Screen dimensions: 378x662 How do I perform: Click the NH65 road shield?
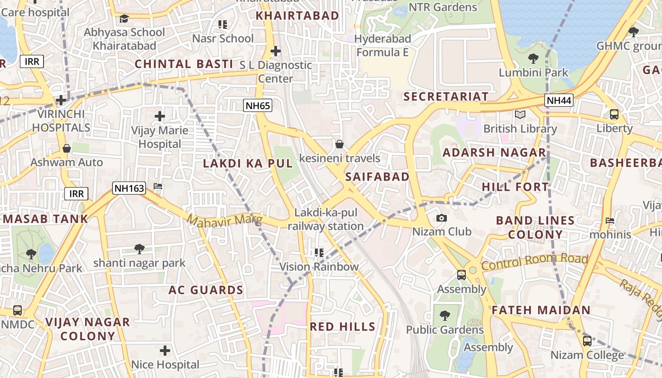pos(258,105)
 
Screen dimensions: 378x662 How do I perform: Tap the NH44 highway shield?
pos(558,100)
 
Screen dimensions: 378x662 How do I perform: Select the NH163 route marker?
pos(129,188)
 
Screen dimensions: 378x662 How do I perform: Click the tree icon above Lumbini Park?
pos(533,59)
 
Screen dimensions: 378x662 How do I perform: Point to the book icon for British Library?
pos(520,115)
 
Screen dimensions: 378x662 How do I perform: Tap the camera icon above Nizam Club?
pos(442,218)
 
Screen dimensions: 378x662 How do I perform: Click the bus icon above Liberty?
pos(614,114)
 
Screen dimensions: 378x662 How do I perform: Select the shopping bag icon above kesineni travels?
pos(339,144)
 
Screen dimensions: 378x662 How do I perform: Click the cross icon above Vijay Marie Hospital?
pos(160,116)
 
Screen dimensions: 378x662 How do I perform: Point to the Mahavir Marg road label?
pos(224,221)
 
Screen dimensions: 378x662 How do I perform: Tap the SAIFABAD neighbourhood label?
pos(377,177)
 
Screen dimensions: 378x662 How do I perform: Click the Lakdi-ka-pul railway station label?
pos(326,220)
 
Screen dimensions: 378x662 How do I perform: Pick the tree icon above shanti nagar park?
pos(139,249)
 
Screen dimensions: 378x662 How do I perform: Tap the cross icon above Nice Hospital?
pos(165,351)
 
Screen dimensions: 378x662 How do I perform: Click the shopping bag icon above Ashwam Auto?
pos(67,148)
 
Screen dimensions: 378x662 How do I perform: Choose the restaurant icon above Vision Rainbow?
pos(319,253)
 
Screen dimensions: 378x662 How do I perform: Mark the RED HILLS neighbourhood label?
pos(342,326)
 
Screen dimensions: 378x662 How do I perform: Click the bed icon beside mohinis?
pos(610,221)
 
